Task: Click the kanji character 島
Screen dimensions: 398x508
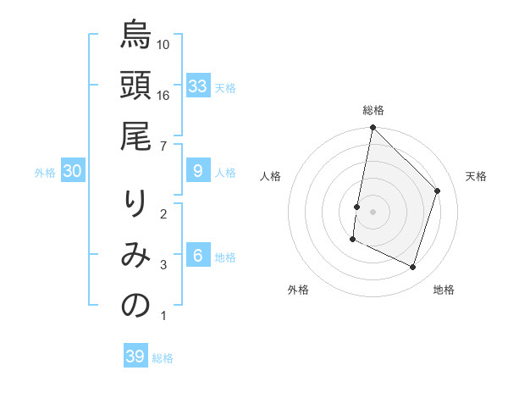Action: click(x=135, y=36)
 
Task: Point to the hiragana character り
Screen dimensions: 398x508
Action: click(x=135, y=205)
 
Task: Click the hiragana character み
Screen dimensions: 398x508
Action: click(x=135, y=256)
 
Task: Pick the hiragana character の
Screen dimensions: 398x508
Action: click(x=135, y=307)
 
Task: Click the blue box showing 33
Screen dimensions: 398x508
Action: click(x=198, y=86)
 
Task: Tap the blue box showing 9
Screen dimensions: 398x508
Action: click(x=198, y=171)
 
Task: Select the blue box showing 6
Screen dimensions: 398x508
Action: click(x=198, y=256)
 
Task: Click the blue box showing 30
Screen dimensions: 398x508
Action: click(x=72, y=171)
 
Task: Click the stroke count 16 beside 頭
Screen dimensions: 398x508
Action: click(x=163, y=96)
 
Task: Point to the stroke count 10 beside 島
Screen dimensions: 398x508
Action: click(x=163, y=44)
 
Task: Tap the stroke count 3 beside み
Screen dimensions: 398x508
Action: click(x=163, y=265)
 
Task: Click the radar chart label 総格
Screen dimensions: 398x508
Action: click(x=373, y=110)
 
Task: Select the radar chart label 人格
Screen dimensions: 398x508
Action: click(x=271, y=176)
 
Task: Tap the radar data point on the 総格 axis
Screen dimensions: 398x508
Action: click(x=373, y=128)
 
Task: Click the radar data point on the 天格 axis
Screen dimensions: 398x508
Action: click(x=438, y=191)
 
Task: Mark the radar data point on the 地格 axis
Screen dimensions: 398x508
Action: click(x=413, y=267)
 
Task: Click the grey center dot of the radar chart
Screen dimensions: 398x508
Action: click(x=373, y=212)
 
